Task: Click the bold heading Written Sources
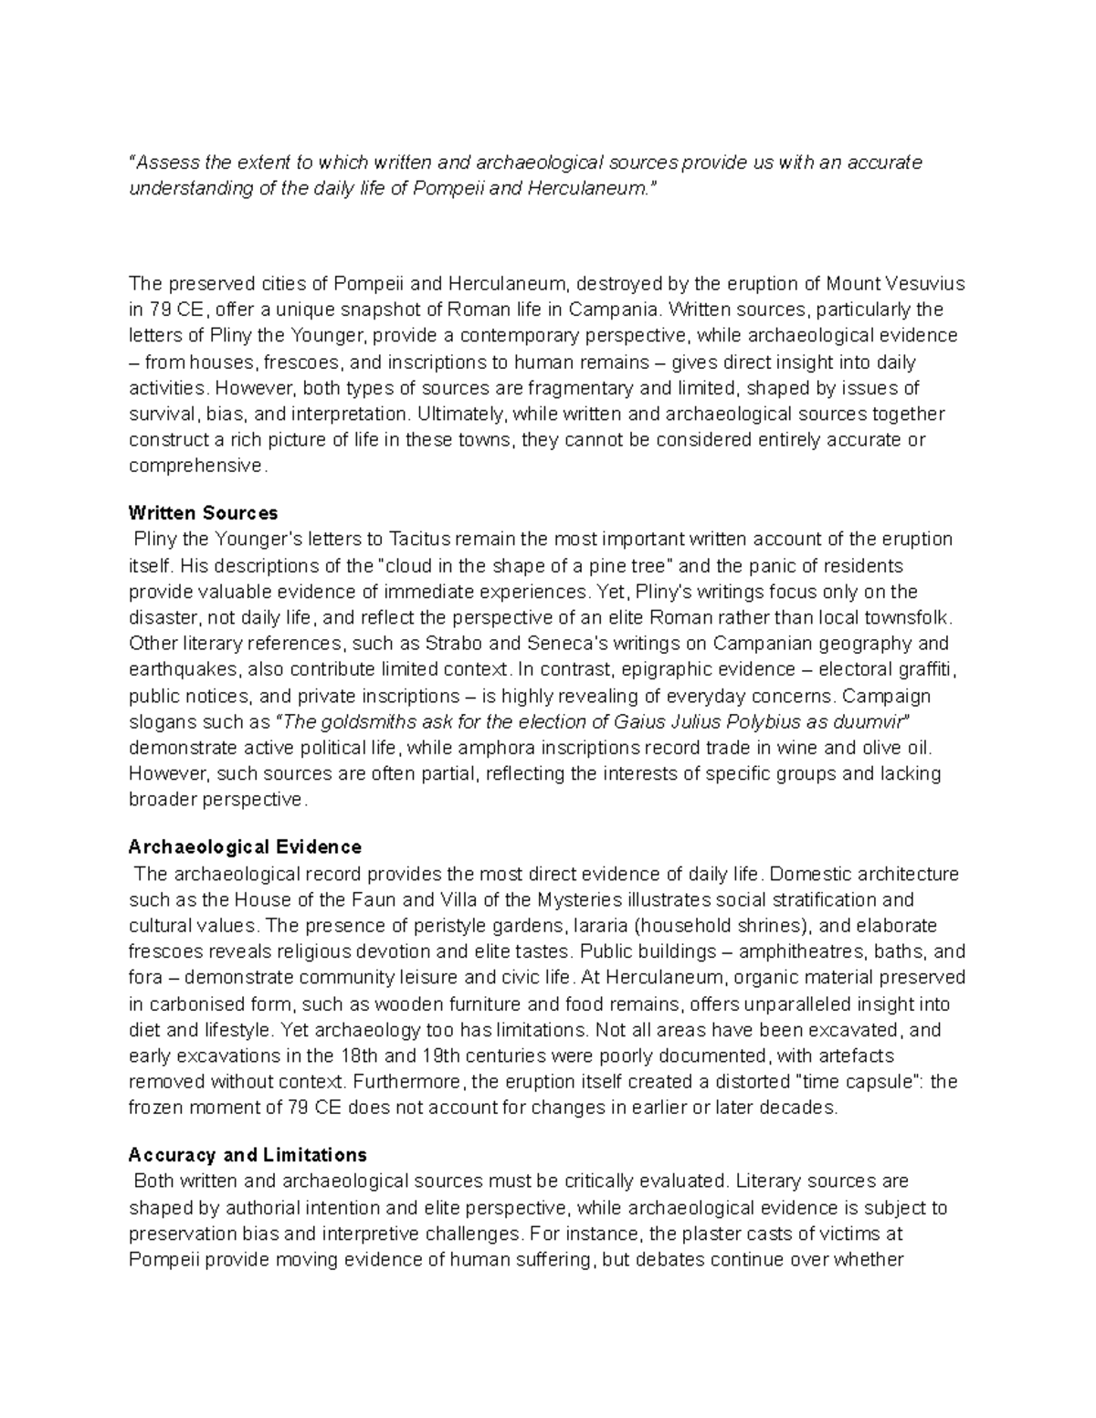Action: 203,512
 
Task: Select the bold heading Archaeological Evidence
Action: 245,846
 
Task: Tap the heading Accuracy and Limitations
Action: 248,1154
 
